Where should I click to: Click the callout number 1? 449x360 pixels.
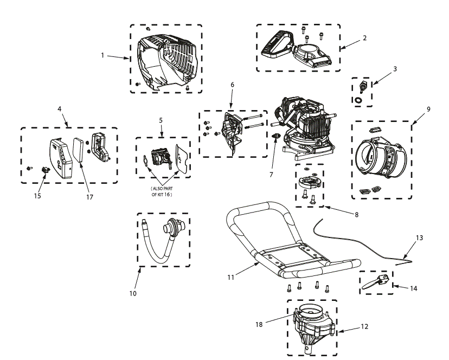click(102, 56)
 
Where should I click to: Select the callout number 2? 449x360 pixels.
click(364, 38)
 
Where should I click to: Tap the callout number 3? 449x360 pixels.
click(395, 69)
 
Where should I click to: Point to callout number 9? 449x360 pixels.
click(428, 109)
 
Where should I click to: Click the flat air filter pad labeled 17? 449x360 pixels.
click(78, 150)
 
